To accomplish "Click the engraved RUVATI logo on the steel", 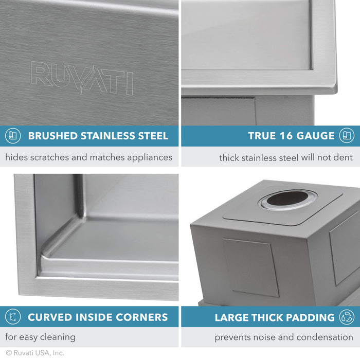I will [82, 78].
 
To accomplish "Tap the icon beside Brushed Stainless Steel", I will [13, 136].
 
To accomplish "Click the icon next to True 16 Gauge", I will [347, 136].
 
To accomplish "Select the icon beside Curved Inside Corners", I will [13, 317].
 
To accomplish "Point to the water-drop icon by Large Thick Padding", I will [347, 317].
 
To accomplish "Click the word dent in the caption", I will [344, 157].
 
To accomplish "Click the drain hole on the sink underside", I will [288, 199].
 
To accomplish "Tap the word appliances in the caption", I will [146, 157].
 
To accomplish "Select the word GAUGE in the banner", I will [316, 136].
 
